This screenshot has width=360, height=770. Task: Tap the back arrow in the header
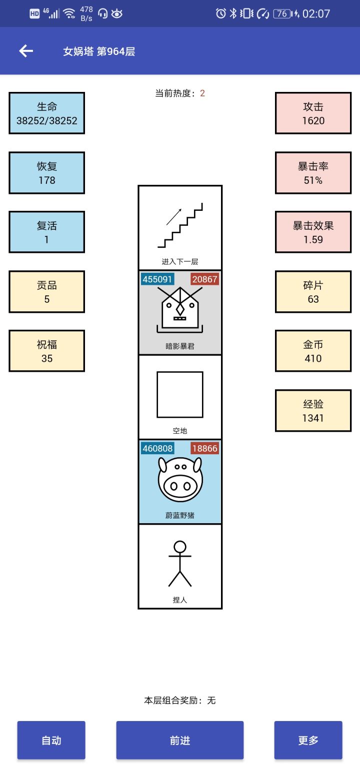tap(26, 51)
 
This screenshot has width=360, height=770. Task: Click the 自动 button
tap(51, 740)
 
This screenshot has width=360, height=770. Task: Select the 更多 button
tap(308, 740)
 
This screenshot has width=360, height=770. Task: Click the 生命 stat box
tap(47, 113)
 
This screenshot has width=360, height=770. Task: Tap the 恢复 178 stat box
tap(47, 173)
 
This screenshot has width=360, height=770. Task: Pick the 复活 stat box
tap(47, 232)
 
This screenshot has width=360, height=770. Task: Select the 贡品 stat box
tap(47, 292)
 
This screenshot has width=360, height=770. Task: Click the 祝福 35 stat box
tap(47, 351)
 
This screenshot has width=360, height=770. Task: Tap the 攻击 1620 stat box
tap(313, 113)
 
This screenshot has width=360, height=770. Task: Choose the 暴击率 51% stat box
tap(313, 173)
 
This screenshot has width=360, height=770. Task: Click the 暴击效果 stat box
tap(313, 232)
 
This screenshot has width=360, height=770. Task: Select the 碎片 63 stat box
tap(313, 292)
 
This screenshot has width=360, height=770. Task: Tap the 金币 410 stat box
tap(313, 351)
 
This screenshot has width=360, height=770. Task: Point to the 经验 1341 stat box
tap(313, 410)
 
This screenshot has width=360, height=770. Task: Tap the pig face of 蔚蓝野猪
tap(180, 480)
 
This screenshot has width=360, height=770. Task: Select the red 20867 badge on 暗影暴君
tap(205, 279)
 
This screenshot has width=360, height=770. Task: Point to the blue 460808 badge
tap(157, 448)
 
